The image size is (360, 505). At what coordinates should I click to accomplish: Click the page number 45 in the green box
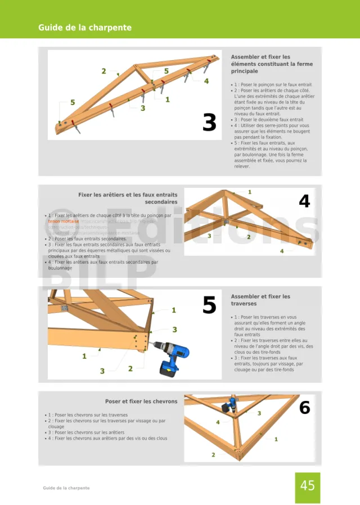coord(307,485)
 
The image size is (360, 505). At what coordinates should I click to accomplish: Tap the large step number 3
coord(209,123)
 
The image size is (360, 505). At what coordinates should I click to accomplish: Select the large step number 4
coord(304,201)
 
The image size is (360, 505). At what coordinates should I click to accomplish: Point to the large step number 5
coord(209,305)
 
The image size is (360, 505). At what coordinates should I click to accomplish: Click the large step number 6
coord(304,407)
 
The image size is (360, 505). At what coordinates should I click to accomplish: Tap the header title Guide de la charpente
coord(85,28)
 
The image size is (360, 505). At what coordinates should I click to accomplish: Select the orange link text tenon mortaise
coord(64,221)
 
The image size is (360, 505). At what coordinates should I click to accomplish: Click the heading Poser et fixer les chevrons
coord(141,402)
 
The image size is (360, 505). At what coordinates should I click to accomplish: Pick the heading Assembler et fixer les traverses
coord(260,300)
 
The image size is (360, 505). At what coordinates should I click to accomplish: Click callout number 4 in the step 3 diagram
coord(206,81)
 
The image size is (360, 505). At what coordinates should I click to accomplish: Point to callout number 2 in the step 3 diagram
coord(103,71)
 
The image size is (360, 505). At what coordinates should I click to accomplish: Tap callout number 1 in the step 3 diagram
coord(168,100)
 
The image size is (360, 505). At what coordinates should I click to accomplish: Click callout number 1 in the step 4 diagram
coord(250,192)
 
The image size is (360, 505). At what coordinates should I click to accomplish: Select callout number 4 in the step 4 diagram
coord(282,251)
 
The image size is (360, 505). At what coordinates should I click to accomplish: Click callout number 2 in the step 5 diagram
coord(130,368)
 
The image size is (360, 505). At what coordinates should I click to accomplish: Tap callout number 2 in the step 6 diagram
coord(213,454)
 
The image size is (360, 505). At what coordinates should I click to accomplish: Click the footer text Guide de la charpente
coord(66,488)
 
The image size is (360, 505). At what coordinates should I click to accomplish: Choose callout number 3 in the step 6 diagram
coord(259,413)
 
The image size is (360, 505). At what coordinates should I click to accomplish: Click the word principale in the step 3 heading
coord(244,71)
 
